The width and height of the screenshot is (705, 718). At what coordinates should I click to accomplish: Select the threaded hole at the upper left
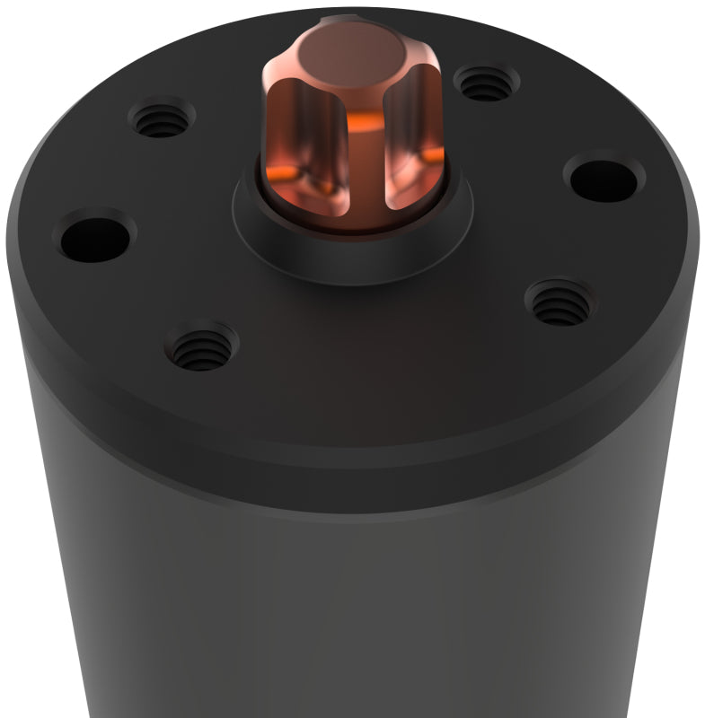pos(163,118)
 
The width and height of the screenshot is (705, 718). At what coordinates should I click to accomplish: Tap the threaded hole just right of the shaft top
pos(486,85)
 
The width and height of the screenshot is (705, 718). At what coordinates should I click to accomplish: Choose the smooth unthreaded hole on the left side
pos(93,235)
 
